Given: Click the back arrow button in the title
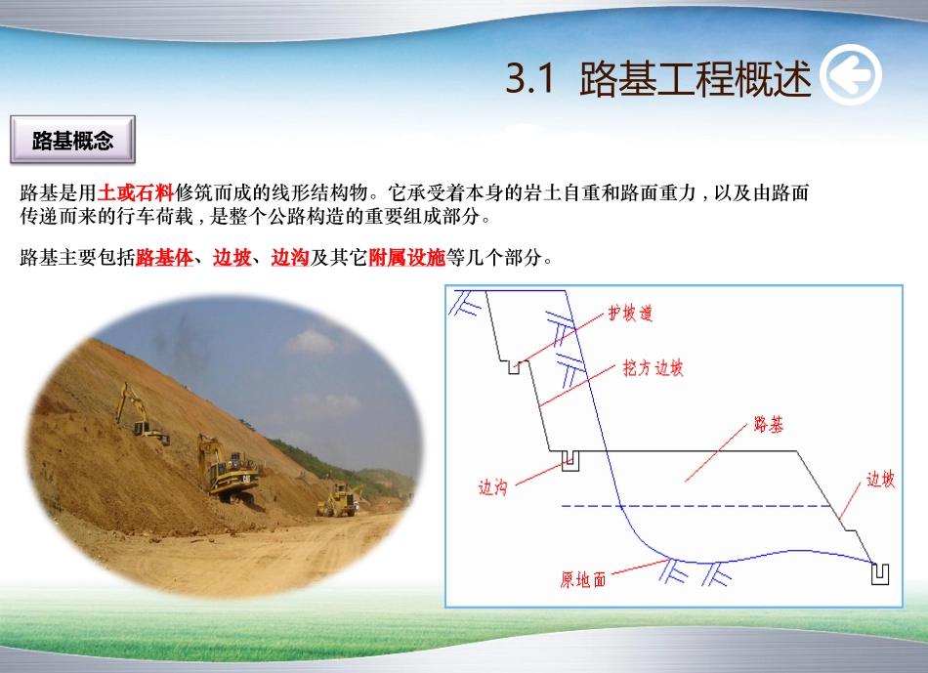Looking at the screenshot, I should coord(850,76).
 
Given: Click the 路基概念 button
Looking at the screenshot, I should coord(72,141).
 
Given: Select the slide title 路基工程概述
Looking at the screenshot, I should coord(695,79).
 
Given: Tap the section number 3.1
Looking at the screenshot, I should coord(531,79).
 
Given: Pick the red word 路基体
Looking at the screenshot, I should coord(164,258).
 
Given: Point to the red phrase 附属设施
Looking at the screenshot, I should coord(406,258).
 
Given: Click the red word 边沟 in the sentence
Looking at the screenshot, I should coord(290,258).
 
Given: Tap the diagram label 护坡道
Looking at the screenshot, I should coord(630,314).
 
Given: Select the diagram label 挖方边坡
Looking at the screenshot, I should coord(654,368).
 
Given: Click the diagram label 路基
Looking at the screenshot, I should coord(769,425).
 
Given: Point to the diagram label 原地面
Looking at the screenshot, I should coord(583,580).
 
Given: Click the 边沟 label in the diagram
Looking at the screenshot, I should coord(492,487).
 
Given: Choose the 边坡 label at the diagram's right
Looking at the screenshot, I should coord(880,480).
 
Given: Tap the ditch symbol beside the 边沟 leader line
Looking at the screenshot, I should coord(570,459).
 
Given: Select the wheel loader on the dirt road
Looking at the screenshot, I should coord(338,500).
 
